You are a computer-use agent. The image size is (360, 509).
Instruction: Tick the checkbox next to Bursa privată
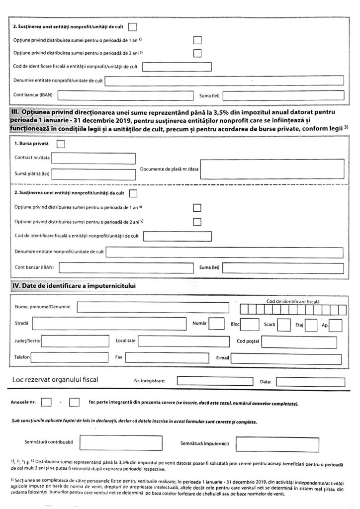61,145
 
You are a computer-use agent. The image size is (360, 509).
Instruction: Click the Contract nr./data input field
94,159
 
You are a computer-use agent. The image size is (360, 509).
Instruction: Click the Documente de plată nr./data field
272,169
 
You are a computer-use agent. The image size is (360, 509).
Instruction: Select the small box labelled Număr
217,324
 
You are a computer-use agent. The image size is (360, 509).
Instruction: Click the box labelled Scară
284,325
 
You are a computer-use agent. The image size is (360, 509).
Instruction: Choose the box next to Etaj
311,325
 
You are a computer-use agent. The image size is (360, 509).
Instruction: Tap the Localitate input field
184,341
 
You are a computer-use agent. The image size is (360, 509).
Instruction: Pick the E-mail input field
286,357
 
